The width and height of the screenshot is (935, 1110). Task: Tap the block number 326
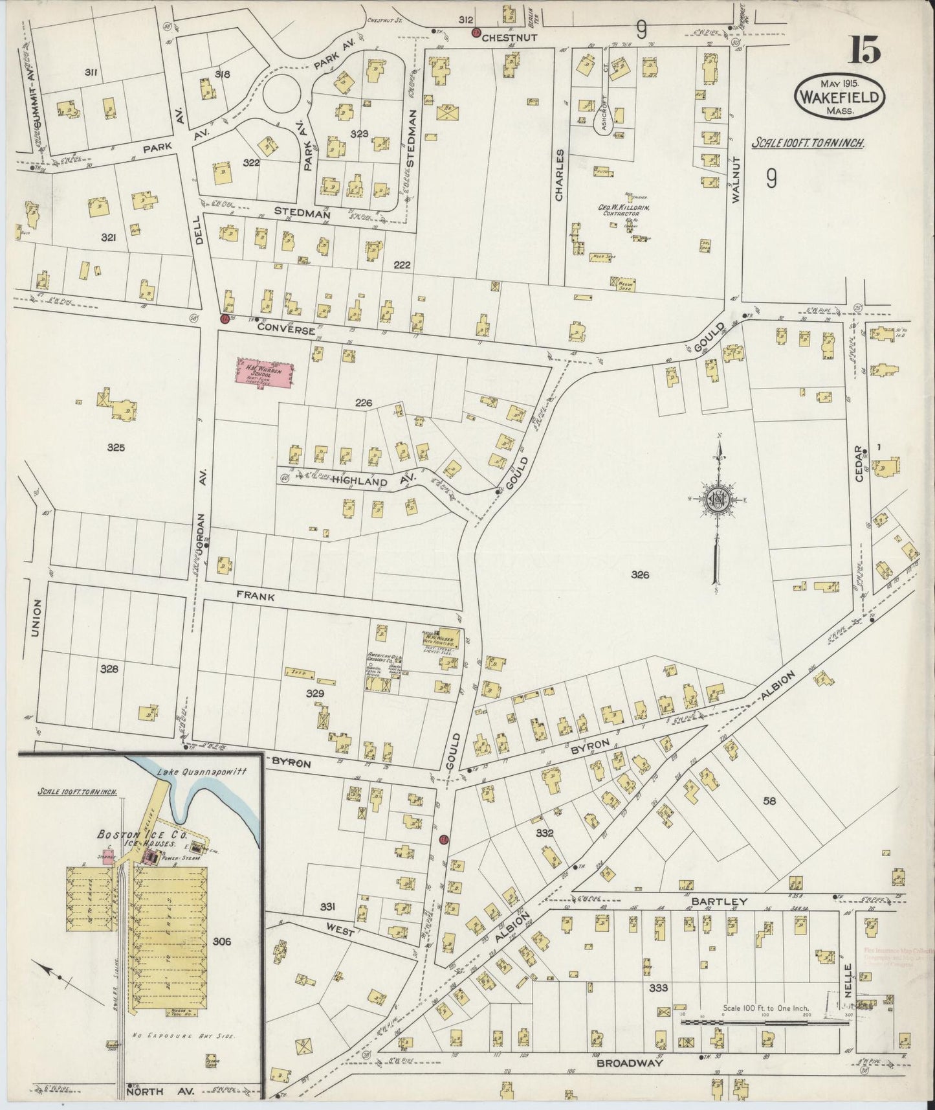[640, 574]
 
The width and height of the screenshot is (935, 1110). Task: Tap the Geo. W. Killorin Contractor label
[624, 209]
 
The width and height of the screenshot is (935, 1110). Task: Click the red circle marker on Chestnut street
[476, 33]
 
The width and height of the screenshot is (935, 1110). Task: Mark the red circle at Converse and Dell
[225, 319]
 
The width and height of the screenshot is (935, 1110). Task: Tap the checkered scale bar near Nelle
[764, 1022]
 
